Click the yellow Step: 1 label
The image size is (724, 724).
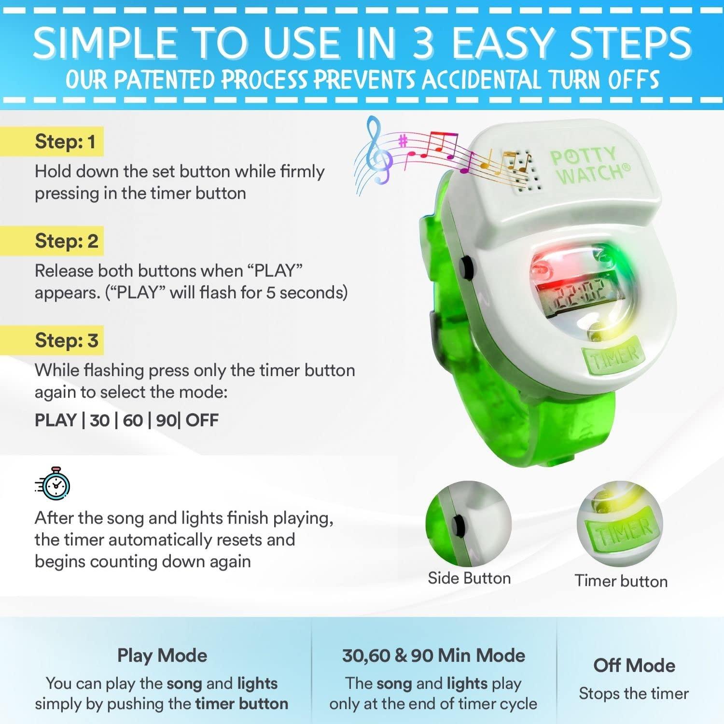point(65,142)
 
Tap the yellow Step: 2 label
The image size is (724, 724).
point(66,241)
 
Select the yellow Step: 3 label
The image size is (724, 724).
point(66,340)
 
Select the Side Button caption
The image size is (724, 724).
point(469,578)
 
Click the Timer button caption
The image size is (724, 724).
point(621,581)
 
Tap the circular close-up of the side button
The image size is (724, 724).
point(468,523)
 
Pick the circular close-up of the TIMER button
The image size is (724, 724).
point(620,524)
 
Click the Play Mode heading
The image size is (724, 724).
point(162,655)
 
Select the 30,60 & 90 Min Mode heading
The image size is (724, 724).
point(433,655)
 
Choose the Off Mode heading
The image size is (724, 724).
point(634,666)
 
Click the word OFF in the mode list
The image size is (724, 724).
point(202,420)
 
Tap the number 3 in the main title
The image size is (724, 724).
point(423,43)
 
